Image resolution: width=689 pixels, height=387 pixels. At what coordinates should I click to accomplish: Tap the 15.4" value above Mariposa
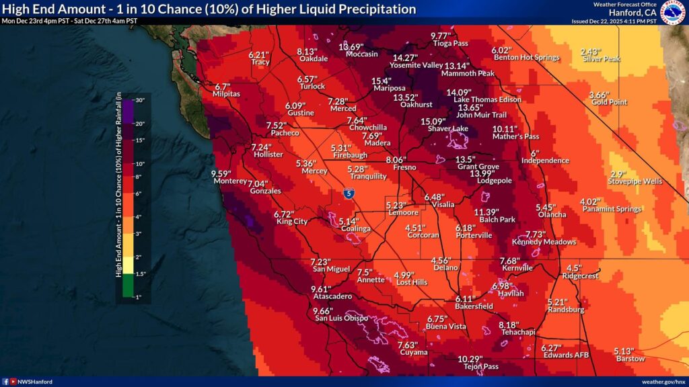(x=382, y=81)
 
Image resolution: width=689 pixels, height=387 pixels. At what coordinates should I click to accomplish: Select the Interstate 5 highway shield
(x=348, y=193)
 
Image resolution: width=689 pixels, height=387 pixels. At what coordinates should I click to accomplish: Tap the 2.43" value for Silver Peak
(x=590, y=52)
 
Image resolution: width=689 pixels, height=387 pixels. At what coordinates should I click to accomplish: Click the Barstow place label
(x=630, y=359)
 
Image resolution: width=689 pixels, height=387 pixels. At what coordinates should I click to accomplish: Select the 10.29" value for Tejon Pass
(x=470, y=359)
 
